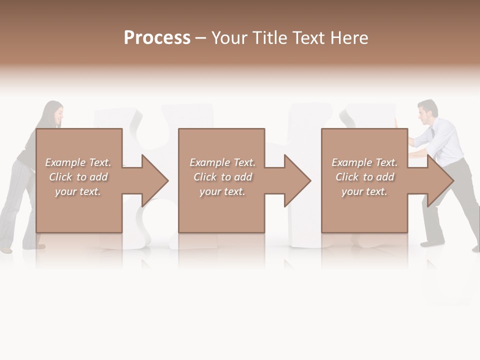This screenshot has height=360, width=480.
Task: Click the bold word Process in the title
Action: pos(157,38)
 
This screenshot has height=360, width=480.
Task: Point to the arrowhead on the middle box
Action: pos(297,180)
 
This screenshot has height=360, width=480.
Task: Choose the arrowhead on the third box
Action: pos(439,180)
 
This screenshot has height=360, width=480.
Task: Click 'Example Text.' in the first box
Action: pos(78,162)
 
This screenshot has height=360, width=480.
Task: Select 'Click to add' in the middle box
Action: pos(222,177)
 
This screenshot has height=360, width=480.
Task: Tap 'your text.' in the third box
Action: pos(364,191)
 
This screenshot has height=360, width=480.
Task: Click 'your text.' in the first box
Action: pos(78,191)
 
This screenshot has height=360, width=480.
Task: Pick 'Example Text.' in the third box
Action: pos(364,162)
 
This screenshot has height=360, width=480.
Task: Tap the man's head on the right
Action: pos(427,112)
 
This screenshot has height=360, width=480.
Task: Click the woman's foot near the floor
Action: pos(6,249)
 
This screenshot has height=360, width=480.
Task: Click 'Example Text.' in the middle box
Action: pos(222,162)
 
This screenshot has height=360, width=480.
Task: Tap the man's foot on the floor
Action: pos(430,244)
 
